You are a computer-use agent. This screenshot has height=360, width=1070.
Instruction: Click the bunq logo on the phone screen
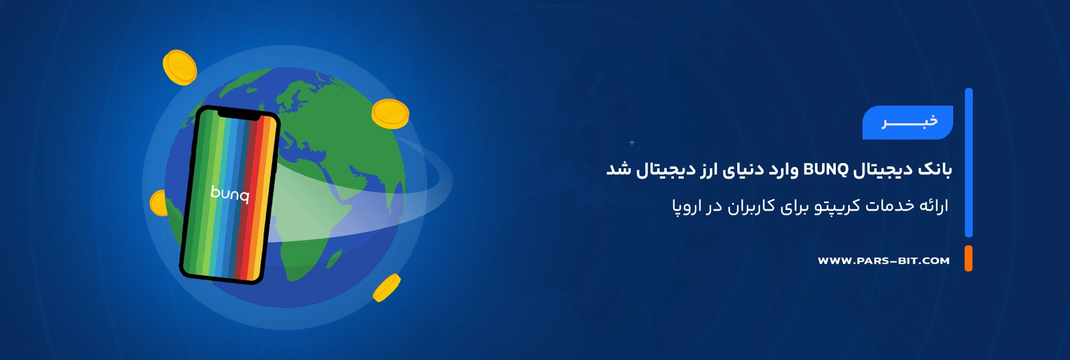[x=230, y=194]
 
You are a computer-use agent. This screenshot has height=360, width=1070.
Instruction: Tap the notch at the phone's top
[x=239, y=115]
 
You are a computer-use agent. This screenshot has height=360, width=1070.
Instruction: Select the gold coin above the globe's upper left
[x=179, y=67]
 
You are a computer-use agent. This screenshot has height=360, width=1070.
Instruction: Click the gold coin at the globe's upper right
[x=390, y=113]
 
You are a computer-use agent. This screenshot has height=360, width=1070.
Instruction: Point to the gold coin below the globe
[x=386, y=288]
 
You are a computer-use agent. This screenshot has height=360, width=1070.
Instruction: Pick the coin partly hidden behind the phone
[x=158, y=203]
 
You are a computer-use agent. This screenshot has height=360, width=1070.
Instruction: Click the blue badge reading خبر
[x=908, y=122]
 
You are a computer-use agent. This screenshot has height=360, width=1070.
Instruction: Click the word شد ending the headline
[x=619, y=169]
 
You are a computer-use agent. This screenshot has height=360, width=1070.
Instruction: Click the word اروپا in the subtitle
[x=687, y=207]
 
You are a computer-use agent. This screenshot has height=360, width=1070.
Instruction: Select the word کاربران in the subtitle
[x=752, y=206]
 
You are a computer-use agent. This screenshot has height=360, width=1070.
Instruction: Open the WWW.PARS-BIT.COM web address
[x=883, y=261]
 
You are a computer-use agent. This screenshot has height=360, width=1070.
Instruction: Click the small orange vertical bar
[x=968, y=258]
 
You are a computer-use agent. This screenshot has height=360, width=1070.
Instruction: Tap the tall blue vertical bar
[x=969, y=162]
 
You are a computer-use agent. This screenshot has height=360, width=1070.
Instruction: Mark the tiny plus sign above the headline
[x=632, y=142]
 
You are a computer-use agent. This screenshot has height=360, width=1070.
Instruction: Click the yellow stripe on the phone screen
[x=267, y=200]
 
